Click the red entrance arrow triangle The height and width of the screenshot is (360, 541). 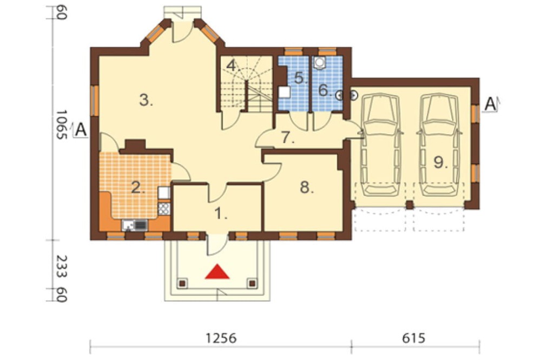click(x=217, y=272)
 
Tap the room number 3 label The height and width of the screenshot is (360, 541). click(x=146, y=101)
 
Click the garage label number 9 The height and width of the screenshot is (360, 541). click(x=440, y=162)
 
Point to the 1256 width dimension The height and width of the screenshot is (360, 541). click(x=221, y=338)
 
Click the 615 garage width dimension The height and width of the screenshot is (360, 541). click(x=414, y=338)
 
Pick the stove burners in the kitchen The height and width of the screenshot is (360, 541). click(x=164, y=208)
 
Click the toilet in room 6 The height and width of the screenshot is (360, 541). click(x=320, y=62)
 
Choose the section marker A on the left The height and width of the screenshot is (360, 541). click(x=81, y=130)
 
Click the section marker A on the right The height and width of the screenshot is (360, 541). click(x=490, y=104)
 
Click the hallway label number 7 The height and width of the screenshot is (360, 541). click(x=288, y=138)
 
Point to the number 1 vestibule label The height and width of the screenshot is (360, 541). click(x=221, y=214)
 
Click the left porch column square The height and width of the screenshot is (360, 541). click(x=182, y=283)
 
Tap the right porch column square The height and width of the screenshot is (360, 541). click(x=252, y=283)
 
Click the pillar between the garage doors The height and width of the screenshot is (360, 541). click(x=409, y=205)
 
